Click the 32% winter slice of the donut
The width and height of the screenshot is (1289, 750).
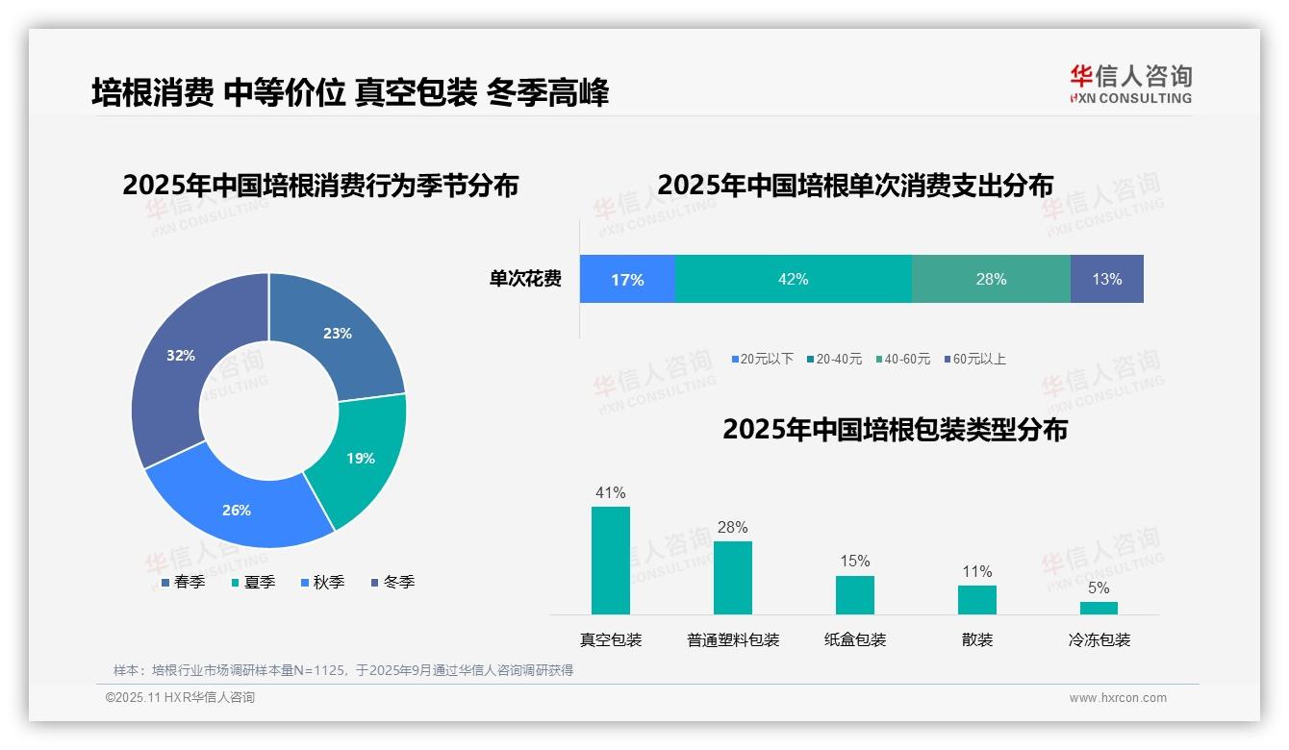pos(178,361)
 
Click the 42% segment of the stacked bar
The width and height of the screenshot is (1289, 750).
pos(793,279)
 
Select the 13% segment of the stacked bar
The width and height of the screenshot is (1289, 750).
pos(1106,279)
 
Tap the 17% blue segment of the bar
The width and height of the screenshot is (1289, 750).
pos(627,279)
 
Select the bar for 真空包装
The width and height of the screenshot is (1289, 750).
pos(610,560)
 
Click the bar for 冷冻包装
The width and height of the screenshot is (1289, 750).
pos(1099,608)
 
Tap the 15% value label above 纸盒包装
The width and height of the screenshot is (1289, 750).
pos(854,561)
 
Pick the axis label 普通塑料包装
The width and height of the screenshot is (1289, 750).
pos(733,639)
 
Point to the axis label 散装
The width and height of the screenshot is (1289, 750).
pos(976,639)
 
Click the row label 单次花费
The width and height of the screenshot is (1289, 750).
pos(525,279)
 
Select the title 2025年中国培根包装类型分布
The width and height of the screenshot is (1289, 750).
pos(895,430)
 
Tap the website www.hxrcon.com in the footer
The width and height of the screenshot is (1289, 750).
pos(1118,698)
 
